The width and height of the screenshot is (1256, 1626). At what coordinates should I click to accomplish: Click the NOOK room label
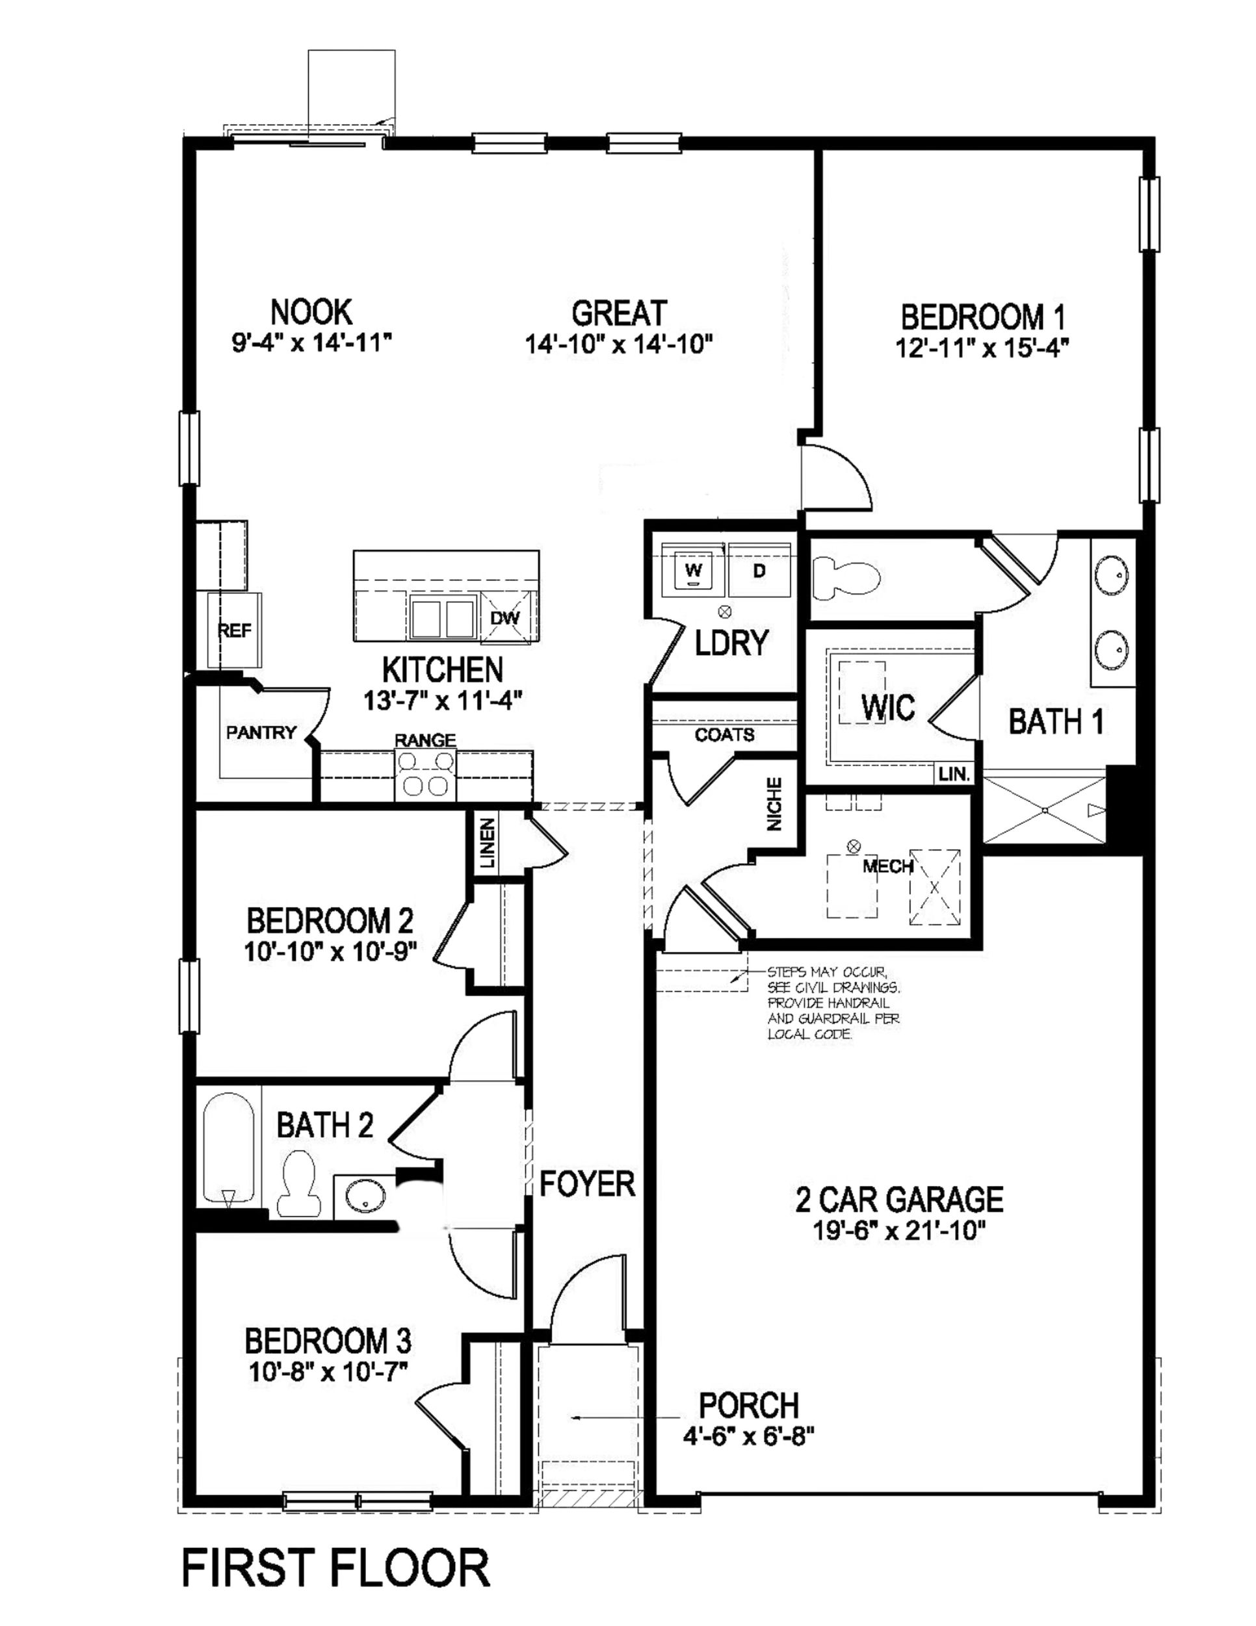pyautogui.click(x=311, y=311)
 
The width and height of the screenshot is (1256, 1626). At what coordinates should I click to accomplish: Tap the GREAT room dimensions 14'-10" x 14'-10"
pyautogui.click(x=619, y=344)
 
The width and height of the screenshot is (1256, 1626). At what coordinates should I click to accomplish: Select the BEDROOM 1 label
pyautogui.click(x=982, y=317)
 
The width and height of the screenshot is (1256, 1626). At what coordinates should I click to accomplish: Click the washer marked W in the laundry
pyautogui.click(x=694, y=572)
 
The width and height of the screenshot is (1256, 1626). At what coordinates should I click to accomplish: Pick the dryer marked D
pyautogui.click(x=759, y=572)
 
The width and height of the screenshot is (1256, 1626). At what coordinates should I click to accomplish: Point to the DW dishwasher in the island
pyautogui.click(x=505, y=617)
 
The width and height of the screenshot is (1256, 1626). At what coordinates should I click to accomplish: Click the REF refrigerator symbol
pyautogui.click(x=235, y=630)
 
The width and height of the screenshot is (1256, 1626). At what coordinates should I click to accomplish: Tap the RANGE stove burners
pyautogui.click(x=425, y=773)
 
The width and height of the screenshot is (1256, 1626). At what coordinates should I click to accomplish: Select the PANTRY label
pyautogui.click(x=261, y=732)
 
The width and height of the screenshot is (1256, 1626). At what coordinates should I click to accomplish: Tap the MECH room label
pyautogui.click(x=888, y=866)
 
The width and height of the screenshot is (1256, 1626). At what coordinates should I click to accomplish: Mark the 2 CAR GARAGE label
pyautogui.click(x=899, y=1200)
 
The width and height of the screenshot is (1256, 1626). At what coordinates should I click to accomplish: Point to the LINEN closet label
pyautogui.click(x=486, y=843)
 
